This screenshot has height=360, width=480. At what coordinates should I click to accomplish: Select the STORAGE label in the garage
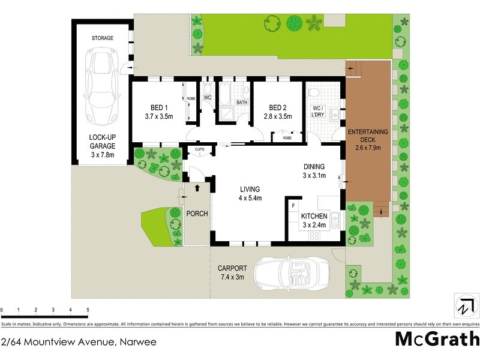pos(102,38)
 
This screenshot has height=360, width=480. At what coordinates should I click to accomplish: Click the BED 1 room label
pos(158,112)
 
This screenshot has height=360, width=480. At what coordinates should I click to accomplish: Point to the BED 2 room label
pos(277,112)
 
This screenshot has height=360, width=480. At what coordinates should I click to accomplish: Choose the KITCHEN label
pos(314,220)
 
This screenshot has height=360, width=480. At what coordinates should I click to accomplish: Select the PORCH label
pos(197,214)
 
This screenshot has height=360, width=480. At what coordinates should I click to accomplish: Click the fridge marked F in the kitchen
pos(293,206)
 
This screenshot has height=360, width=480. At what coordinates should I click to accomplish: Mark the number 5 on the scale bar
pos(88,310)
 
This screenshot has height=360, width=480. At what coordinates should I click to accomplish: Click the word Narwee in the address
pos(137,343)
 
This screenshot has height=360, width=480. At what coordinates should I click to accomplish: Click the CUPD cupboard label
pos(199,149)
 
